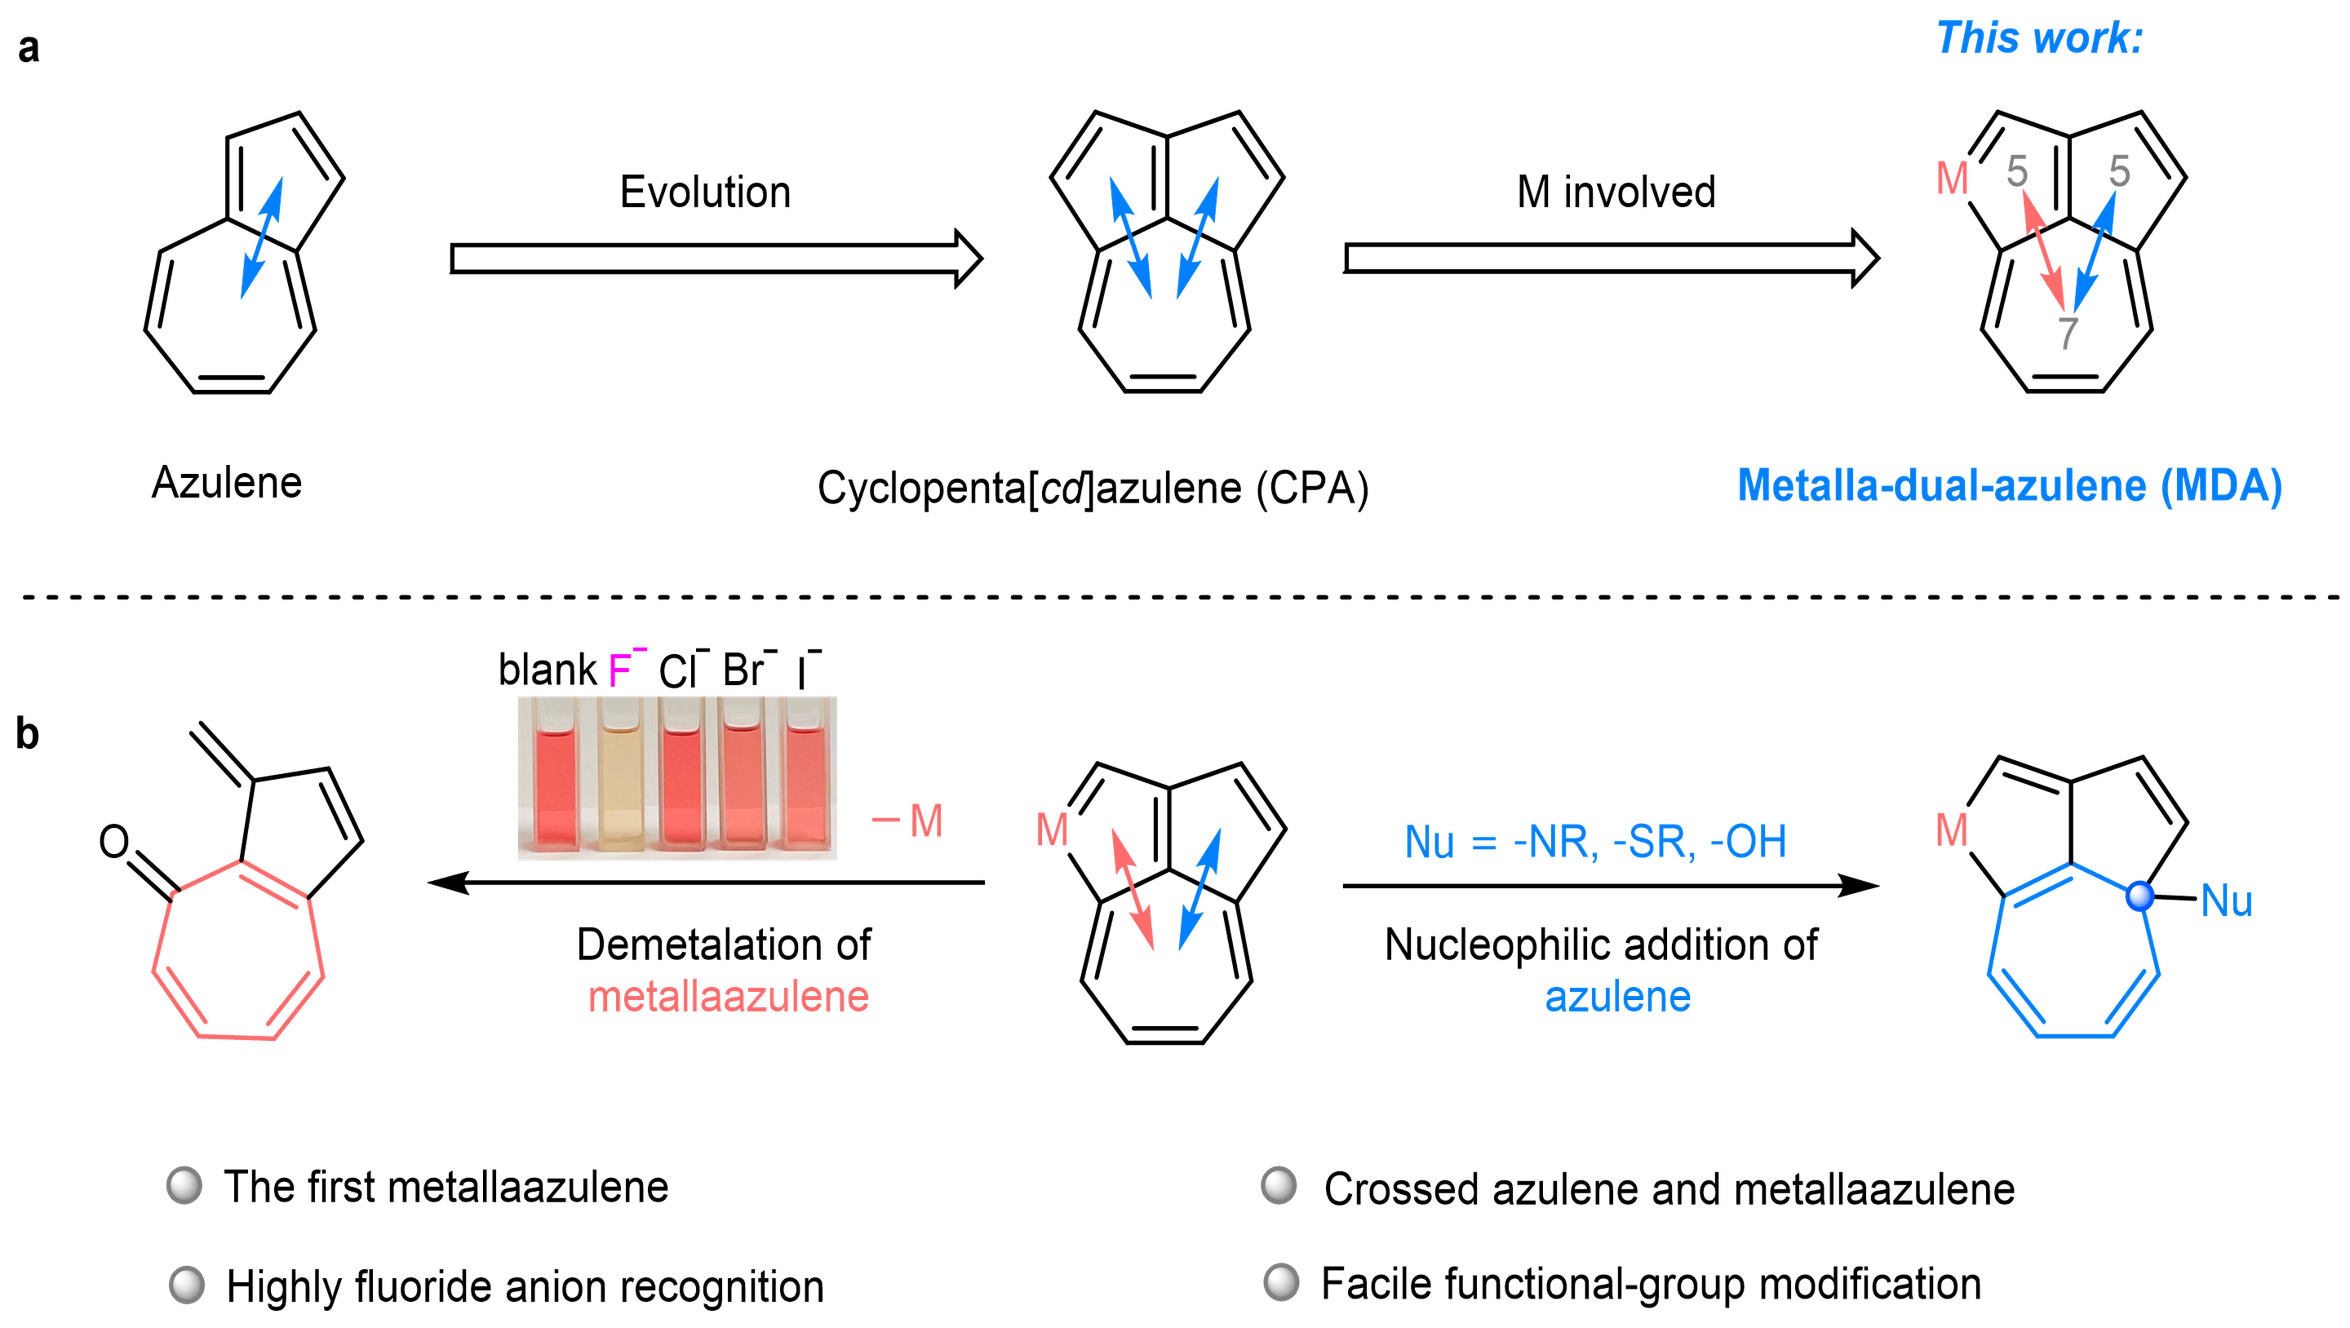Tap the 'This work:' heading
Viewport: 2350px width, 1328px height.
(x=2039, y=38)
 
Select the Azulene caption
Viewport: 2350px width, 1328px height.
(x=226, y=483)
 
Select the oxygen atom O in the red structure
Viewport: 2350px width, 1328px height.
(x=114, y=841)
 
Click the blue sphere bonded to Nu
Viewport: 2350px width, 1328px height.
(x=2139, y=897)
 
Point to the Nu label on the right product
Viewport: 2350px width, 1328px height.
(x=2226, y=901)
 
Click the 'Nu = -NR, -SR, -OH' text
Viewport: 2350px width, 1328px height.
(x=1595, y=841)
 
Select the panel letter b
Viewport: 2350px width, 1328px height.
(x=27, y=733)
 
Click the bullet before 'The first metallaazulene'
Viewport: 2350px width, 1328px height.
(x=184, y=1186)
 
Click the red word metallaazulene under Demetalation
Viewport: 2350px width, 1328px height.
(x=728, y=996)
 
